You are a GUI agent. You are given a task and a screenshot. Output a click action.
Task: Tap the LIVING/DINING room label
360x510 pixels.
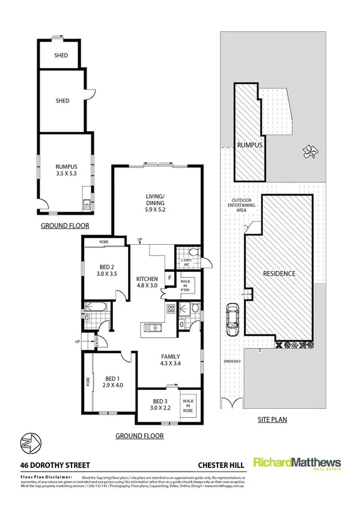pos(156,200)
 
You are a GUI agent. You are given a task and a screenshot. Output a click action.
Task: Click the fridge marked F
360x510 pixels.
pos(170,278)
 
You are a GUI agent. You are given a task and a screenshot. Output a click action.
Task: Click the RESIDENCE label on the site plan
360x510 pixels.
pos(279,274)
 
